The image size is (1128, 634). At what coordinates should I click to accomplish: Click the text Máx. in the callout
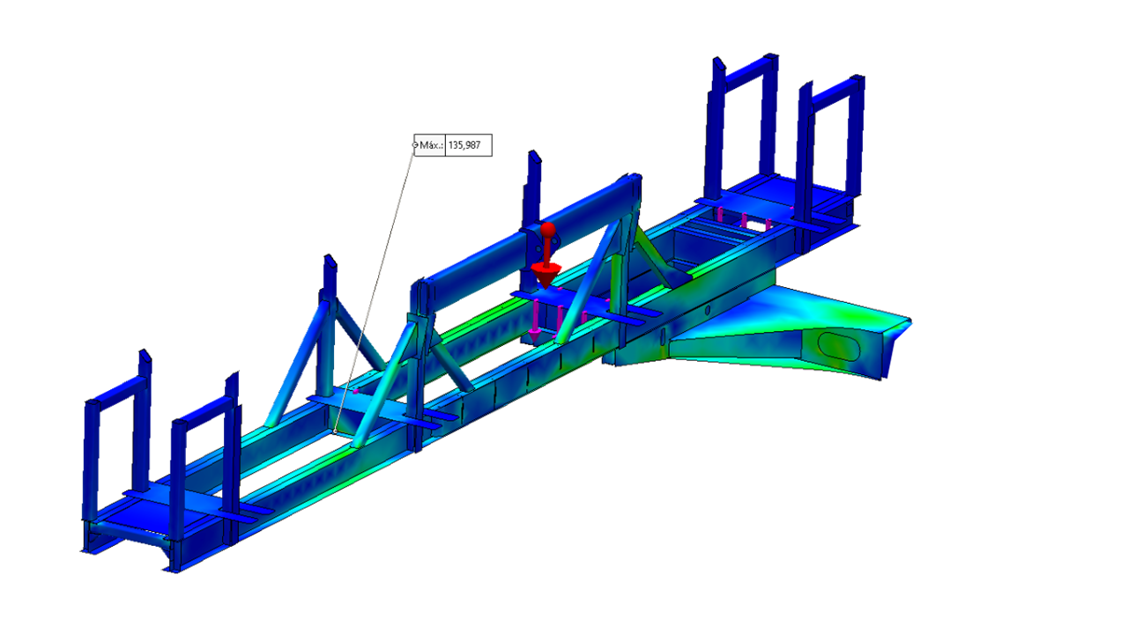431,145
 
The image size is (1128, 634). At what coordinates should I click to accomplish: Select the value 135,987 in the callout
464,145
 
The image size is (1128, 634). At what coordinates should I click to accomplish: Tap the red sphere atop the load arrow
548,230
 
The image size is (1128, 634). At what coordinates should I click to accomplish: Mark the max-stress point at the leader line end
335,431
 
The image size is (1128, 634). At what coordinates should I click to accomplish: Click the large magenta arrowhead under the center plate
534,335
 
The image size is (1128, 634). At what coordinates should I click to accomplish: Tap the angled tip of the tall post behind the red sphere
534,156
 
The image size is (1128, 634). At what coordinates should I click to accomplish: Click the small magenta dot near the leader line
356,391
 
